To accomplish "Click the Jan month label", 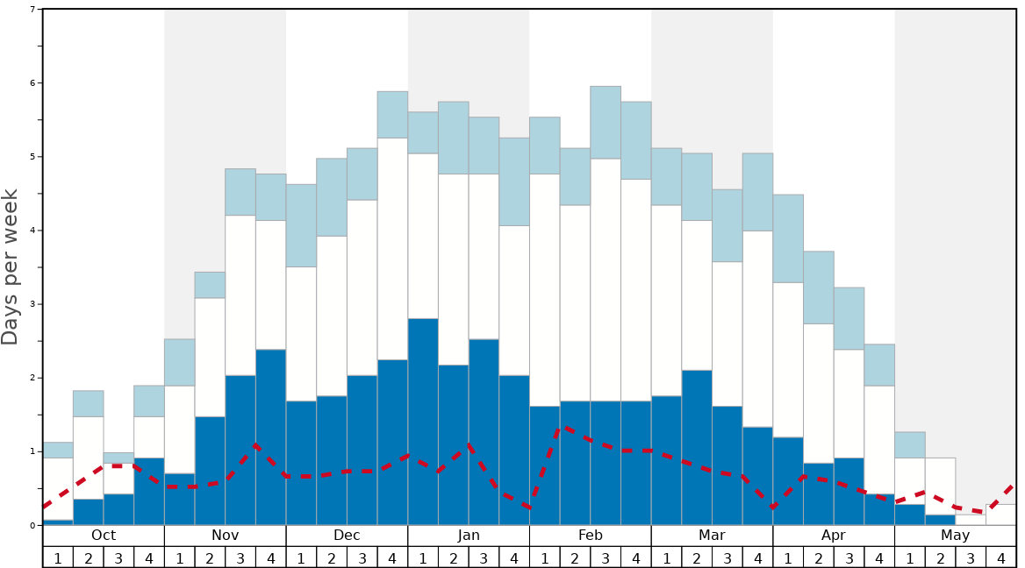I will [x=469, y=536].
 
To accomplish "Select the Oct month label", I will [x=104, y=536].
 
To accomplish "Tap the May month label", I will [x=955, y=536].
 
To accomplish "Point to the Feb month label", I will [x=591, y=536].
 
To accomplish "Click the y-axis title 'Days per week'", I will [x=11, y=267].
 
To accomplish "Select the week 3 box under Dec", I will [x=362, y=557].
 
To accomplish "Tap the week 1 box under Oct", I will [x=58, y=557].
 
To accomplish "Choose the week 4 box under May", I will [x=1001, y=557].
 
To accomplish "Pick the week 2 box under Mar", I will [x=697, y=557].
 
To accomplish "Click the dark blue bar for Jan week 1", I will [x=423, y=422].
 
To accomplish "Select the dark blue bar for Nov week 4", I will [x=271, y=437].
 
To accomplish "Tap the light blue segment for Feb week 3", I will [x=606, y=123].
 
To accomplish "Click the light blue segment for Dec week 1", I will [x=301, y=225].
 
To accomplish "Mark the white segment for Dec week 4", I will [x=392, y=249].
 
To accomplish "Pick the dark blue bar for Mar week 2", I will [x=697, y=448].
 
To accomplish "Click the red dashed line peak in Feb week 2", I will [x=566, y=428].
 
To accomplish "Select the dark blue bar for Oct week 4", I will [x=149, y=492].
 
